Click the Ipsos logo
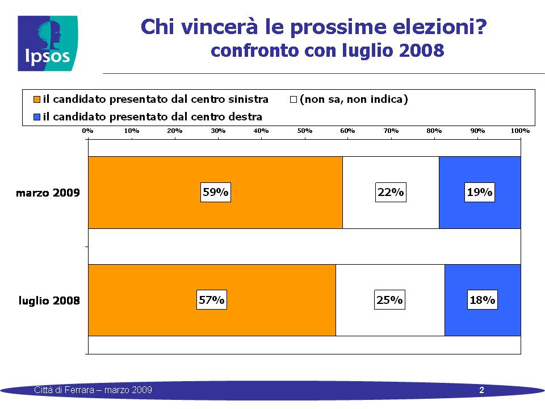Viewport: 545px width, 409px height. [48, 44]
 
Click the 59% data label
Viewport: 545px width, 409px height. [216, 192]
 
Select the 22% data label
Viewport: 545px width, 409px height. [391, 192]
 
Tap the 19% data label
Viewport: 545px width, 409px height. [480, 192]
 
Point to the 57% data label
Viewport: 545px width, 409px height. [212, 299]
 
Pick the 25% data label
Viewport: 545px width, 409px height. [389, 299]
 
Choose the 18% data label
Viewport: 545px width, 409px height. [483, 299]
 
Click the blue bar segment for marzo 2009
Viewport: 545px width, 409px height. [480, 193]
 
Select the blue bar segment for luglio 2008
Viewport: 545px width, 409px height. [483, 300]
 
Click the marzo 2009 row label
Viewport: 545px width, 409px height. [48, 193]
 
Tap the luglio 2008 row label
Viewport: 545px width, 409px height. [49, 301]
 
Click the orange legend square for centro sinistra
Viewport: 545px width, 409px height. [37, 99]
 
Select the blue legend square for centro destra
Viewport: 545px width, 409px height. [37, 117]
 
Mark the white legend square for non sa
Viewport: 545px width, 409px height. [294, 99]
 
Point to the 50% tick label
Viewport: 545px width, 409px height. [305, 131]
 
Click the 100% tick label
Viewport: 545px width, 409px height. [521, 131]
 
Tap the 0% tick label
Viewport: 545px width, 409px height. [87, 131]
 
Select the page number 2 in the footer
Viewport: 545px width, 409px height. [482, 390]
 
